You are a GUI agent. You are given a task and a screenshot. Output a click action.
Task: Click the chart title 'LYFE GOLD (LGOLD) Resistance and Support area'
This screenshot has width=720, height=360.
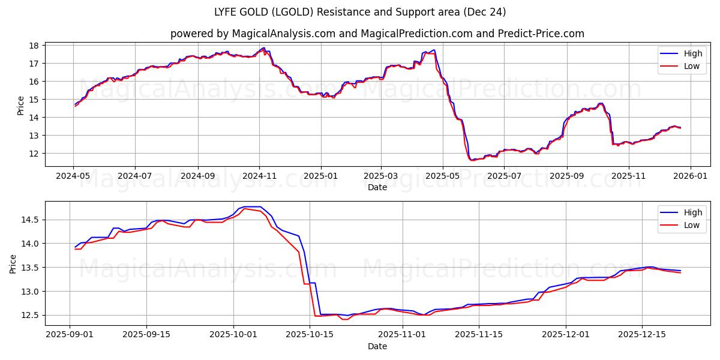tap(359, 12)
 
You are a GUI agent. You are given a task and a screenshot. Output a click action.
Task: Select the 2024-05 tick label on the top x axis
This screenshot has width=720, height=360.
tap(73, 176)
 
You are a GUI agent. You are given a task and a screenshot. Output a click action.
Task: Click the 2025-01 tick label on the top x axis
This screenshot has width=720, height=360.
tap(320, 176)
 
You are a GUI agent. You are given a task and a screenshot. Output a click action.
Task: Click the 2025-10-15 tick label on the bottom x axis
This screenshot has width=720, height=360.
tap(310, 335)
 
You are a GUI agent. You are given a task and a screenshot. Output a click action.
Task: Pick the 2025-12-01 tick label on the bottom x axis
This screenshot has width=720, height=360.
tap(565, 335)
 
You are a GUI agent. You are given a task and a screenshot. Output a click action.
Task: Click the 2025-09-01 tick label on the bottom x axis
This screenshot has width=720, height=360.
tap(70, 335)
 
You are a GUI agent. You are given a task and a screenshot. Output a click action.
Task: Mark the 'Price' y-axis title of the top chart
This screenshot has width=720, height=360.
tap(20, 106)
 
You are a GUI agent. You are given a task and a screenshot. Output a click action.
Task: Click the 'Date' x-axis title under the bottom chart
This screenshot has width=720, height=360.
tap(377, 346)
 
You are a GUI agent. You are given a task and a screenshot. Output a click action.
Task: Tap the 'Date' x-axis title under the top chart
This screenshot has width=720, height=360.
tap(377, 187)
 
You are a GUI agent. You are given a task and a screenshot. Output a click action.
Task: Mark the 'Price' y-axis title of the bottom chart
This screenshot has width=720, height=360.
tap(13, 264)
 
